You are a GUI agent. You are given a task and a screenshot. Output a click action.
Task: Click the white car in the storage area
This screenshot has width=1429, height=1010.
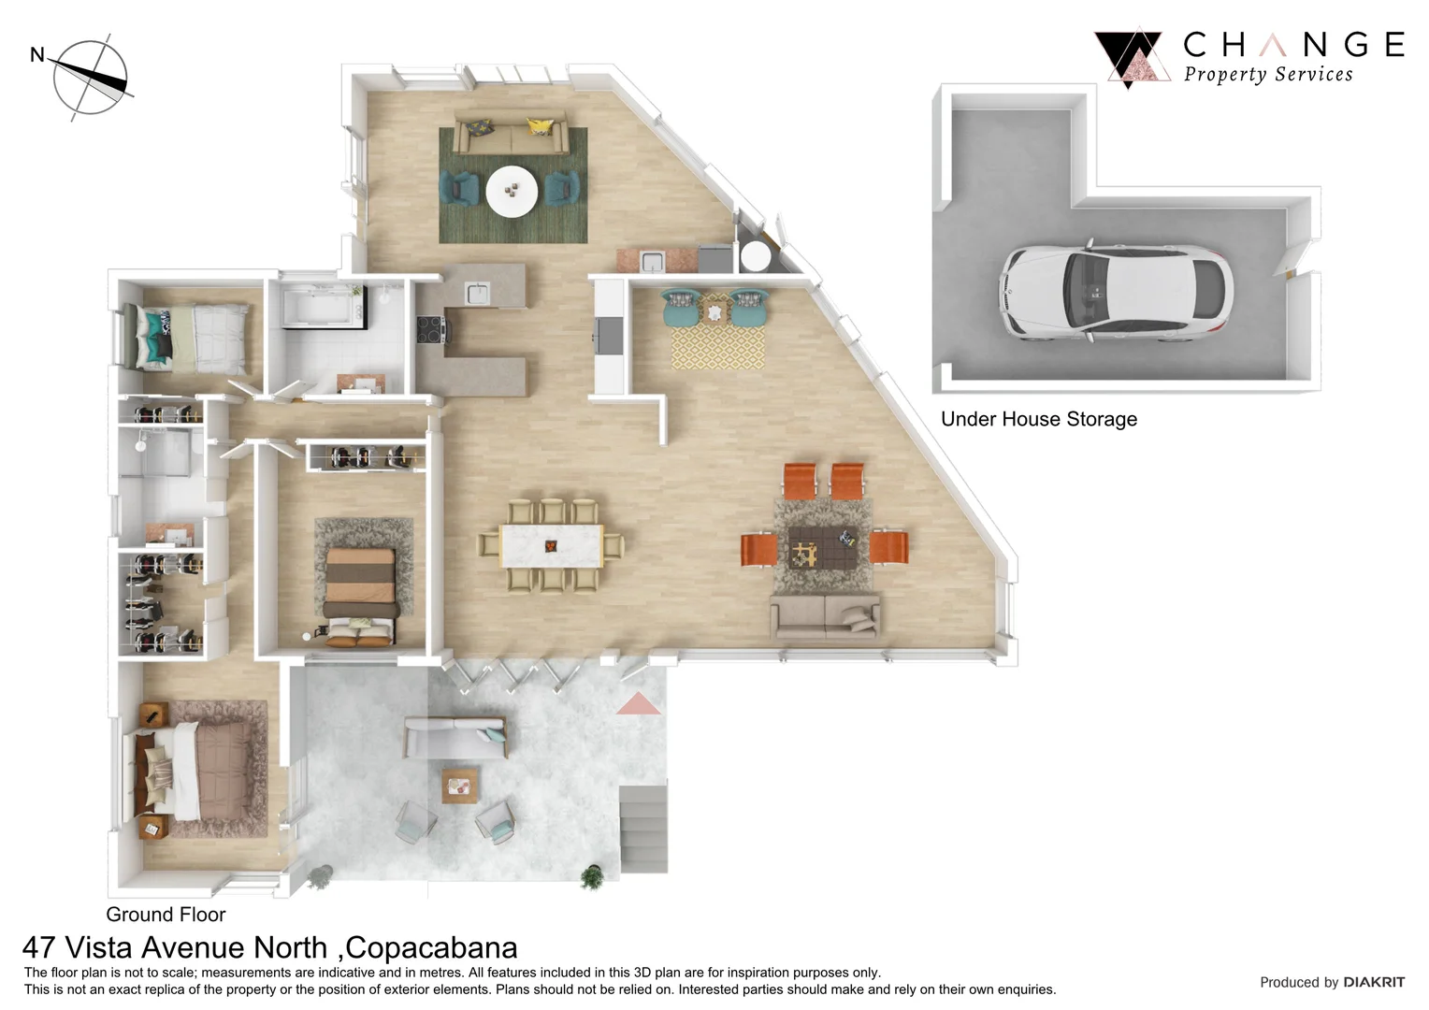[x=1117, y=292]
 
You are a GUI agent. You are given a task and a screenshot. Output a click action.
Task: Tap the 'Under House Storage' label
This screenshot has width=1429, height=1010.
[x=1038, y=419]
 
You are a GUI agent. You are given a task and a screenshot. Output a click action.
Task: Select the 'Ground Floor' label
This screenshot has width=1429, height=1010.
[x=166, y=914]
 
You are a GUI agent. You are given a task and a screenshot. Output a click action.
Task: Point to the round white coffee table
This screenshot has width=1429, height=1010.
[x=512, y=192]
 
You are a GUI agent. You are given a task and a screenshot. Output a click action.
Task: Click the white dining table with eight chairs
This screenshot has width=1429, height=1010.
[x=551, y=545]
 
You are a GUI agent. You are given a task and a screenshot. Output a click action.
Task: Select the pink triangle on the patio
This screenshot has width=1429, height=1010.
[x=638, y=703]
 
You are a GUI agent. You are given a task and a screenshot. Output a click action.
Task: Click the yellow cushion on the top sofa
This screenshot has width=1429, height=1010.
[x=539, y=126]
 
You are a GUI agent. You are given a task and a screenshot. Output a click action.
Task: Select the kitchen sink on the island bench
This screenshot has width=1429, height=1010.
[x=477, y=293]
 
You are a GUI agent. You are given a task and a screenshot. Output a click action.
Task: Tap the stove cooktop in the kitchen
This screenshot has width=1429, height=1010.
[x=431, y=328]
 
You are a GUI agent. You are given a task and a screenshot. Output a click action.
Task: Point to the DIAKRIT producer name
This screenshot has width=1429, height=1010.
[x=1373, y=982]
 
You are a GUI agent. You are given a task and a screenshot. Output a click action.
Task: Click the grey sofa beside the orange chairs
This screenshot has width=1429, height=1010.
[x=825, y=616]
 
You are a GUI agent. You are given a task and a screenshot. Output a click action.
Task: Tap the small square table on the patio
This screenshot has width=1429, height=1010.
[x=459, y=786]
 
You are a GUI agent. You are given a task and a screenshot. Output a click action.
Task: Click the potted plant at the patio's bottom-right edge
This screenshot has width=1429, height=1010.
[x=591, y=876]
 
